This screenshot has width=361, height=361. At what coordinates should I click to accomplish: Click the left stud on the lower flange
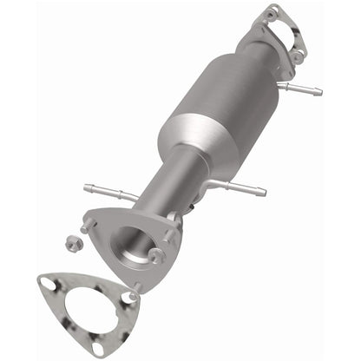[89, 226]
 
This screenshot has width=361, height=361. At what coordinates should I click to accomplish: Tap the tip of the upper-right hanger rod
[318, 91]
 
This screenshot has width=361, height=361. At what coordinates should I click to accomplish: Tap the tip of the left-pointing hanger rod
[88, 185]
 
